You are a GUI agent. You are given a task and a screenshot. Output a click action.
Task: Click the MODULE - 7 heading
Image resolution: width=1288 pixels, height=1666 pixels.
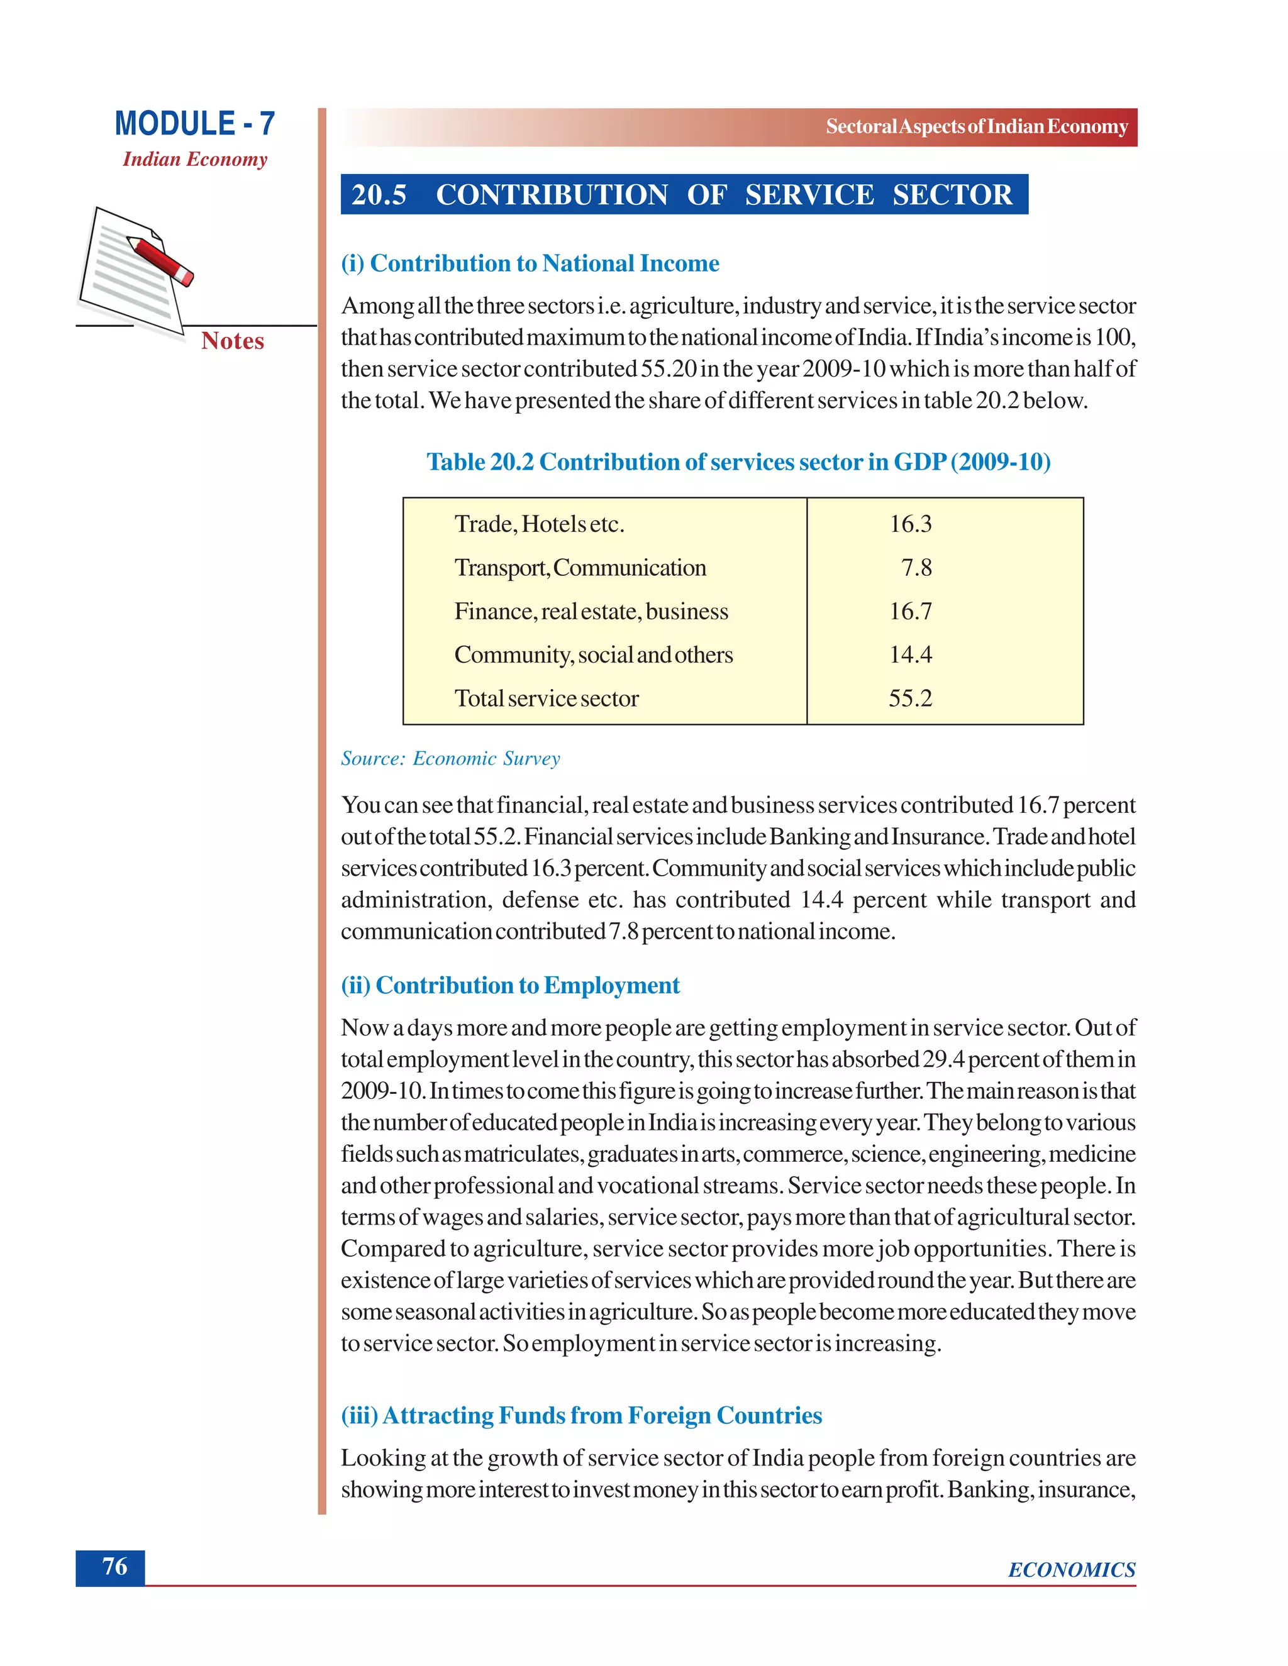coord(194,124)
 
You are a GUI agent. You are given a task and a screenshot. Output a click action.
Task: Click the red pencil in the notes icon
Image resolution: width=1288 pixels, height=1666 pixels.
coord(161,260)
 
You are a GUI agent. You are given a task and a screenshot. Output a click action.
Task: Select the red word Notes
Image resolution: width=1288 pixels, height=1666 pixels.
coord(233,341)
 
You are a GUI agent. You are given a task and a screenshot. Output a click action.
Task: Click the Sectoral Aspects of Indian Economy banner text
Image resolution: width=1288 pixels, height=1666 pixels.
coord(976,126)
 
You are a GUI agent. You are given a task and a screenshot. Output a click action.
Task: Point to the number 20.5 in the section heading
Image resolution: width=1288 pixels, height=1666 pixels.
coord(379,196)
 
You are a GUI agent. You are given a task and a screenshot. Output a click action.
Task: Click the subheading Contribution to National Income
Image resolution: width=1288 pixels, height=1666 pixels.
coord(530,263)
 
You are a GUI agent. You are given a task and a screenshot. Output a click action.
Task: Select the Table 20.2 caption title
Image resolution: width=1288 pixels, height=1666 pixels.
coord(738,461)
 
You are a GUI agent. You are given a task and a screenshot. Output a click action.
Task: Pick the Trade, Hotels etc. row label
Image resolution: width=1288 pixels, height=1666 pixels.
coord(539,524)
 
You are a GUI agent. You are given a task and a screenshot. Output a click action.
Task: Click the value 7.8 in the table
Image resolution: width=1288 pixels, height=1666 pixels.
coord(916,568)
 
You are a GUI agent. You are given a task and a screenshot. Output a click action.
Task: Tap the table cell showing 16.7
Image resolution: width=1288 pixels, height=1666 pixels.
coord(910,611)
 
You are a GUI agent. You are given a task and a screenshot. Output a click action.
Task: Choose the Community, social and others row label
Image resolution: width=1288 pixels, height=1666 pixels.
coord(593,654)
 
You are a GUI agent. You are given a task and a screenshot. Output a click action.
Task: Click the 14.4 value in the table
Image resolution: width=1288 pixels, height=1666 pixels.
coord(910,654)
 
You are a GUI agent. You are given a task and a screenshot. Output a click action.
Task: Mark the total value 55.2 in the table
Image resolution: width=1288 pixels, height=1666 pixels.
coord(910,698)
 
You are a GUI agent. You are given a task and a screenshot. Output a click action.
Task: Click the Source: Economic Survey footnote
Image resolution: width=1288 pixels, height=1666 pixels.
coord(450,758)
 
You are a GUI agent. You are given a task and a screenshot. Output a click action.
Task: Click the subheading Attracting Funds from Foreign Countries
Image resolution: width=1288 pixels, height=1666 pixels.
coord(582,1415)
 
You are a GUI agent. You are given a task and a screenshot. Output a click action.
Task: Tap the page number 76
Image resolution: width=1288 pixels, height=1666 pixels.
coord(114,1566)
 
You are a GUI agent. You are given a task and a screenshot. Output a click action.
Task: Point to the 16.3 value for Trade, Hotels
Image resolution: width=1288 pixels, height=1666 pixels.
coord(910,524)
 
